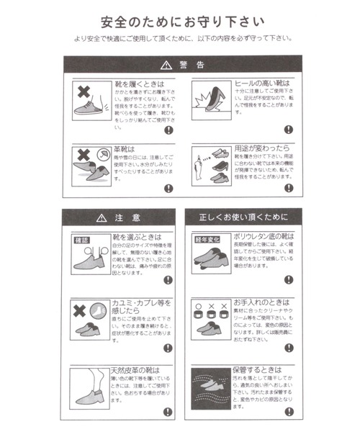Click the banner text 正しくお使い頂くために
243,216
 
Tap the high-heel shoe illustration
208,97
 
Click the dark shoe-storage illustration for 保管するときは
209,389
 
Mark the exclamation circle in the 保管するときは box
289,411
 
